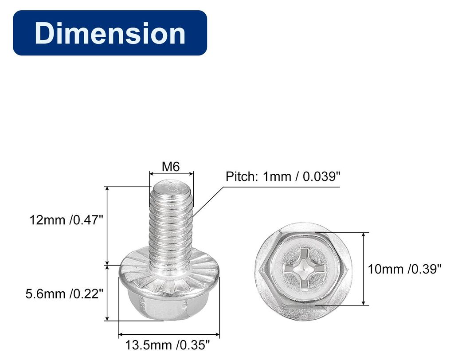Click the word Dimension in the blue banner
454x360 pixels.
110,33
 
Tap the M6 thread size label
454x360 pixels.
171,167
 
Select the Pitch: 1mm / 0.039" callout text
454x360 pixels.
283,176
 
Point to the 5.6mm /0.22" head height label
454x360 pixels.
64,294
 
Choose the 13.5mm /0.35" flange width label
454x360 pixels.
167,345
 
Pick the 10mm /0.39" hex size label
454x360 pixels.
404,269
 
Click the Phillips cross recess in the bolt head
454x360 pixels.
304,268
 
